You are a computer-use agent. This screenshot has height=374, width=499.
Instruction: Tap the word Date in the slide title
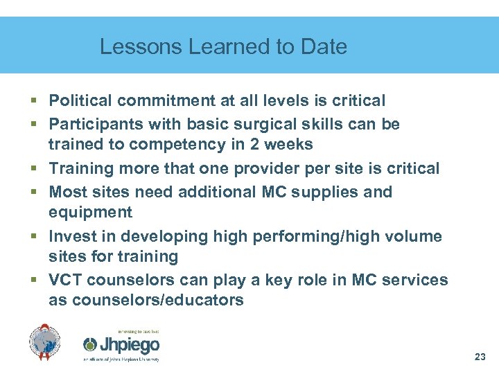[324, 47]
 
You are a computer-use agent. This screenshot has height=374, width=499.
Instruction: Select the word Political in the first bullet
[80, 101]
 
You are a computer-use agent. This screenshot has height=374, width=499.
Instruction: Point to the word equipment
[90, 212]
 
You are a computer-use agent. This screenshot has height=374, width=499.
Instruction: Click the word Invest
[71, 236]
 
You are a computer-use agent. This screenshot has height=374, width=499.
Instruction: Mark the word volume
[413, 236]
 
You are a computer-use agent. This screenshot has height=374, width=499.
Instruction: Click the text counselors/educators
[146, 300]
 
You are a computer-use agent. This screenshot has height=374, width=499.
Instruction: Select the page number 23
[480, 357]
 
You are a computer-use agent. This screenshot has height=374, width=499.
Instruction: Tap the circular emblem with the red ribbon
[45, 342]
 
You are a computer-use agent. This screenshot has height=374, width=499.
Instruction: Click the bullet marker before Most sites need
[34, 193]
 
